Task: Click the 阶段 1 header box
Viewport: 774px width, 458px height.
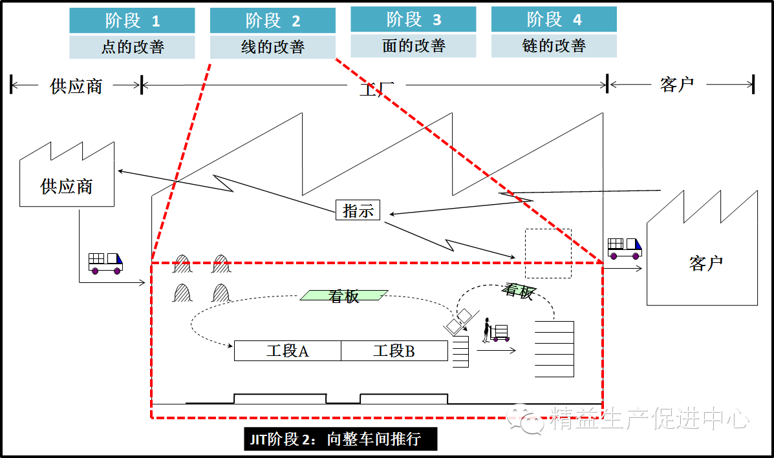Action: click(x=132, y=20)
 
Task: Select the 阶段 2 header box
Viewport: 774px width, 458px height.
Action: click(x=272, y=20)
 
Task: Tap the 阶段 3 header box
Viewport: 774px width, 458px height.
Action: click(x=413, y=19)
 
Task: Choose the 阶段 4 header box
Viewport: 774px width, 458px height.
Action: click(x=554, y=19)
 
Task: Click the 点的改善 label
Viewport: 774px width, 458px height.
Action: click(x=132, y=47)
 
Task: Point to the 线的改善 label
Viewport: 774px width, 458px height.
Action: click(x=272, y=47)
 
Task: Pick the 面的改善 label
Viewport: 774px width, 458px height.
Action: click(x=413, y=46)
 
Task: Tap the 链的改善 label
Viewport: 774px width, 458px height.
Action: click(x=554, y=46)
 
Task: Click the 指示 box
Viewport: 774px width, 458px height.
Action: click(x=358, y=211)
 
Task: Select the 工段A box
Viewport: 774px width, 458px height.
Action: click(x=287, y=351)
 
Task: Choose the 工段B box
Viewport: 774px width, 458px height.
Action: click(x=394, y=351)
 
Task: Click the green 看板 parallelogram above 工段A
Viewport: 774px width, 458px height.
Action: click(x=344, y=296)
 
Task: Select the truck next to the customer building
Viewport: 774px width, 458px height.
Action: click(x=624, y=248)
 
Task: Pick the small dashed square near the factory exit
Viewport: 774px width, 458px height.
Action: click(x=548, y=253)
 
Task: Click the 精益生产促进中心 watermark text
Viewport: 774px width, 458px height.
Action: click(x=649, y=419)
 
